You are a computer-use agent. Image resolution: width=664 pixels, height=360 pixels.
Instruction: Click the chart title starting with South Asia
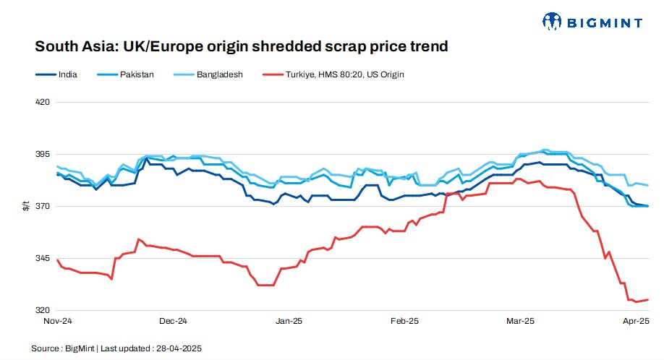242,47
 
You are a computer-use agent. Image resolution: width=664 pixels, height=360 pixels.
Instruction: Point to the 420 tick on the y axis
43,103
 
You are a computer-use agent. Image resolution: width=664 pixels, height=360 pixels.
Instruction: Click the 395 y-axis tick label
43,155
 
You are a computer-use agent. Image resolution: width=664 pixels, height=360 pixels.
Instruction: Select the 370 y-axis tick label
43,207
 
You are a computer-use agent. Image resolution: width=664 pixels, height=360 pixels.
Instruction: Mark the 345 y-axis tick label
43,259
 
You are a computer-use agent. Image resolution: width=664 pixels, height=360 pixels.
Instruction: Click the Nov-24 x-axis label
57,320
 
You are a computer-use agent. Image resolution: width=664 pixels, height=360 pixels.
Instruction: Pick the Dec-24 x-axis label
173,320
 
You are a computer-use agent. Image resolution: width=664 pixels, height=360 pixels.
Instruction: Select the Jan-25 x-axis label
289,320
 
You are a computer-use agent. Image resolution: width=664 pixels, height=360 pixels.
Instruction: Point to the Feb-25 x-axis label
404,320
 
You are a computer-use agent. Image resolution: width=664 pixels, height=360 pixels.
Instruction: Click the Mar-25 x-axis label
520,320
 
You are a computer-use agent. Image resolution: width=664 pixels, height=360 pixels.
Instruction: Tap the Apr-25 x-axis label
636,320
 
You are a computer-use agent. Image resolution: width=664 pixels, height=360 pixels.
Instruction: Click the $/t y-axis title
26,207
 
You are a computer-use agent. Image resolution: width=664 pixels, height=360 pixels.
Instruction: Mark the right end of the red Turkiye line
648,299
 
